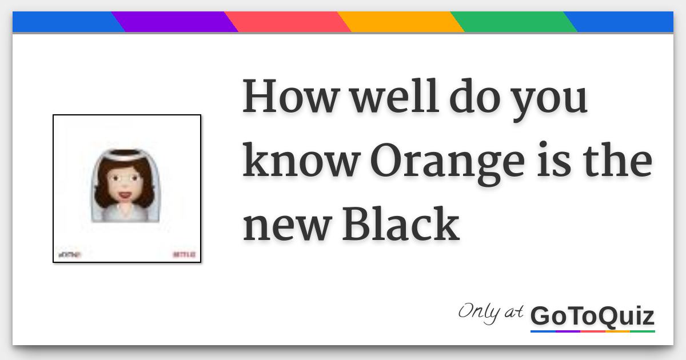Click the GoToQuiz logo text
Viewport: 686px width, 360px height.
[x=592, y=316]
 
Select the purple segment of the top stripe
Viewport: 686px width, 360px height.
[x=175, y=22]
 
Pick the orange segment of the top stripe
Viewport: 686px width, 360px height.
[x=401, y=22]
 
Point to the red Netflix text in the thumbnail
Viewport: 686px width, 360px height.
[x=185, y=254]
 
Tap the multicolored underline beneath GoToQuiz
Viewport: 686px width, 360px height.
[x=592, y=330]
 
